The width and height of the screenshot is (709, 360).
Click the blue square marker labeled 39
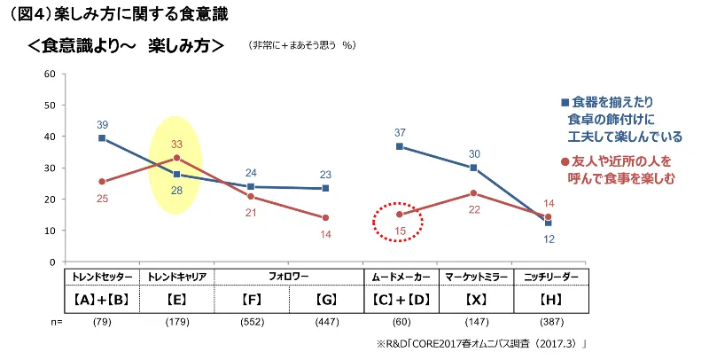click(x=102, y=138)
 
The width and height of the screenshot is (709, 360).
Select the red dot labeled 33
click(x=176, y=158)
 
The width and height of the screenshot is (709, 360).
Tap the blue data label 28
click(x=176, y=191)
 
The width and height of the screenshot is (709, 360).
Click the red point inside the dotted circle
click(x=400, y=215)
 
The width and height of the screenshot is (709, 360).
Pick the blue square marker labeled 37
click(x=400, y=146)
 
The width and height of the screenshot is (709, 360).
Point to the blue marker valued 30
click(x=474, y=168)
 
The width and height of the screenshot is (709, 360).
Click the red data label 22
click(x=474, y=210)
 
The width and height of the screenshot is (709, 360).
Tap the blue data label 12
click(x=549, y=239)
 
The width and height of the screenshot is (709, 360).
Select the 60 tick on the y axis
click(x=50, y=74)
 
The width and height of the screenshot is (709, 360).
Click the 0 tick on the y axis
click(x=52, y=262)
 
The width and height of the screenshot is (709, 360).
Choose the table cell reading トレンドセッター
click(x=102, y=278)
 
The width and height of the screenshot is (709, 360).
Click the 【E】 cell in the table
click(x=176, y=300)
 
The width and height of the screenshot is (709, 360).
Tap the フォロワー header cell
click(x=289, y=277)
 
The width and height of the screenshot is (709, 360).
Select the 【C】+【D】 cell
click(x=401, y=300)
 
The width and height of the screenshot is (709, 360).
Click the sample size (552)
click(x=252, y=322)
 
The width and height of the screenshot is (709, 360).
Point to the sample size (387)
click(x=551, y=322)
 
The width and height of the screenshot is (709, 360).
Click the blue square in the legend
click(x=565, y=103)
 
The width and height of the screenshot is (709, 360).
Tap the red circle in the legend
click(x=565, y=161)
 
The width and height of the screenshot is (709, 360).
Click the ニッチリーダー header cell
click(x=551, y=278)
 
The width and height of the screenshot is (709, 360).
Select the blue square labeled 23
click(x=325, y=188)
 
